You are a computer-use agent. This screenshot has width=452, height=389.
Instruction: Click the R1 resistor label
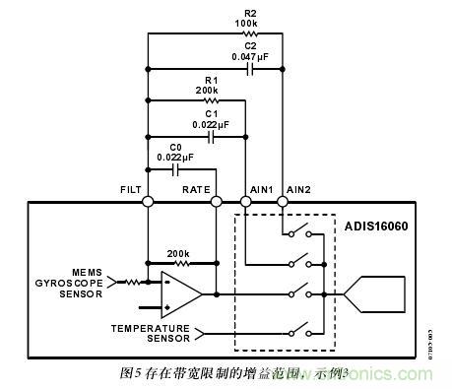tap(208, 79)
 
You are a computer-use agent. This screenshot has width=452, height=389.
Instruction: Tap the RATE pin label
tap(196, 188)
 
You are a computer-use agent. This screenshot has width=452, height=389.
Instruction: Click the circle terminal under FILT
tap(148, 202)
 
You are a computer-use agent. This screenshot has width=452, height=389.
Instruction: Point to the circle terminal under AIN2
tap(282, 202)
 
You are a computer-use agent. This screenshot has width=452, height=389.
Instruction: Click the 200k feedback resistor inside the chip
tap(180, 263)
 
